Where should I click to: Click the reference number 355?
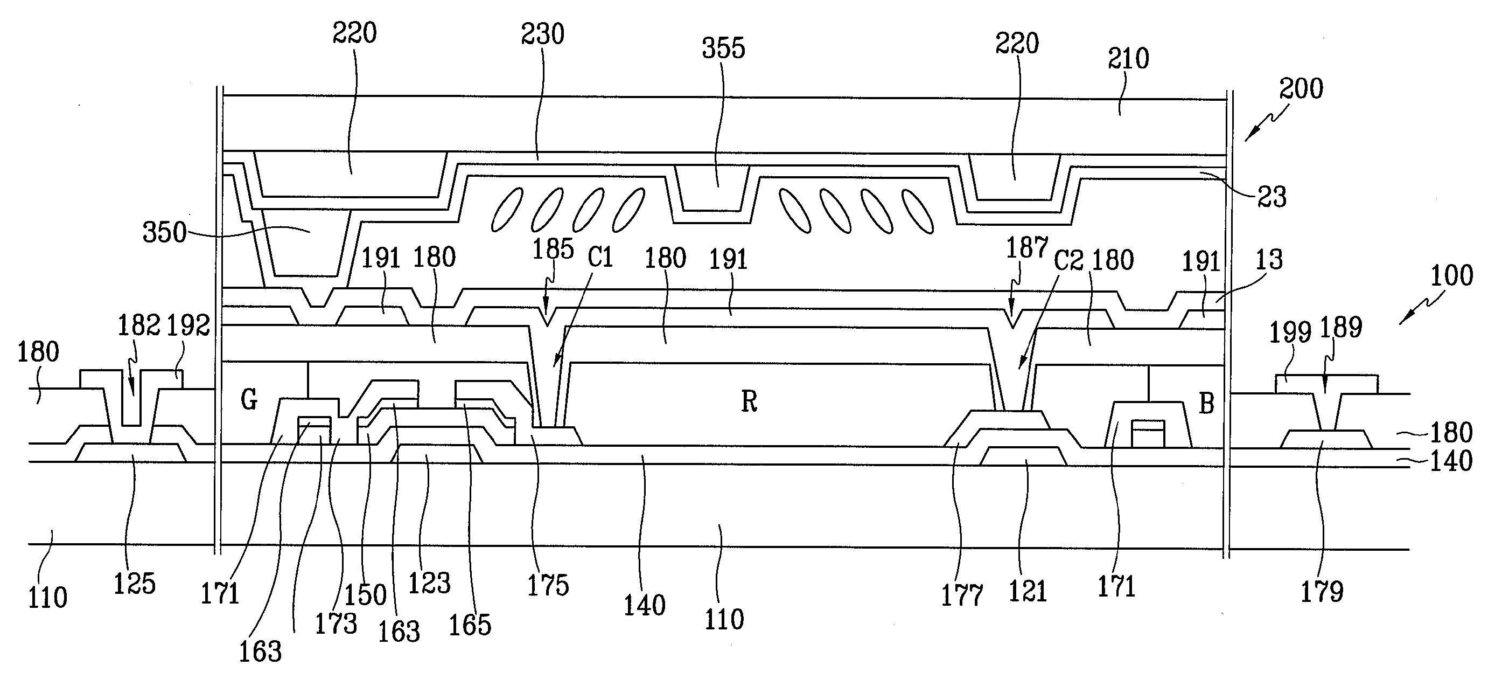click(x=723, y=48)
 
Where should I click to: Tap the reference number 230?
click(x=542, y=34)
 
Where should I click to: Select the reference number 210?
click(x=1128, y=59)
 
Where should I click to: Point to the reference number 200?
click(x=1301, y=89)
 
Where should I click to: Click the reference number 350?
click(x=164, y=233)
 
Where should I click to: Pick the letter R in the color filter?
click(x=749, y=401)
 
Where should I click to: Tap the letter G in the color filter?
click(x=249, y=400)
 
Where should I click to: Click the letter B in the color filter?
click(x=1206, y=403)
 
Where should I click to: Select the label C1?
click(x=600, y=257)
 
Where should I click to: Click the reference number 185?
click(x=553, y=249)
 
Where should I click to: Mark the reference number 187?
click(x=1026, y=248)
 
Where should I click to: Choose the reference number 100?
click(x=1451, y=275)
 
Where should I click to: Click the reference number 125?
click(x=134, y=583)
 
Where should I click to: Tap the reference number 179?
click(x=1322, y=592)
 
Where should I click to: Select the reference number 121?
click(x=1028, y=592)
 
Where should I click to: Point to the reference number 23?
click(x=1271, y=197)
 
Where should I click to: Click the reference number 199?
click(x=1290, y=332)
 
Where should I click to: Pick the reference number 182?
click(x=139, y=326)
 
